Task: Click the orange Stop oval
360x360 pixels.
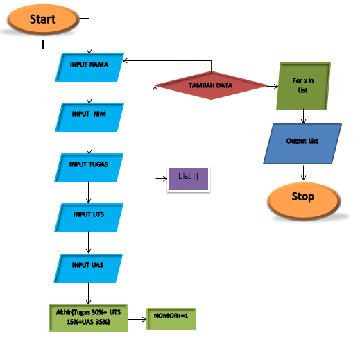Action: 302,198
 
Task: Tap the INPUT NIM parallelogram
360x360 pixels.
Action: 89,115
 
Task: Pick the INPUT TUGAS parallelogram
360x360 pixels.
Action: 89,166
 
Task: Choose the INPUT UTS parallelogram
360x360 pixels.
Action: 89,216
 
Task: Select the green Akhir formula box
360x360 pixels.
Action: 88,317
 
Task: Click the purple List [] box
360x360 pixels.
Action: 189,178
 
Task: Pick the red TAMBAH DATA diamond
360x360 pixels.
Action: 211,85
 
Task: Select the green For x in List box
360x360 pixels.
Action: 303,86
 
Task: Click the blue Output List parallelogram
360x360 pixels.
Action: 302,143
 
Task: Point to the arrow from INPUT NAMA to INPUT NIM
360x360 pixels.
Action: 89,92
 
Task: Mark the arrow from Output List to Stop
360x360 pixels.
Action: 302,172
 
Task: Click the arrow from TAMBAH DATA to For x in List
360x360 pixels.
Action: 272,86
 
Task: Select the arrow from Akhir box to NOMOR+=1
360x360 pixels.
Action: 137,318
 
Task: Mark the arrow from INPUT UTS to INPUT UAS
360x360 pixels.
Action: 88,242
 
